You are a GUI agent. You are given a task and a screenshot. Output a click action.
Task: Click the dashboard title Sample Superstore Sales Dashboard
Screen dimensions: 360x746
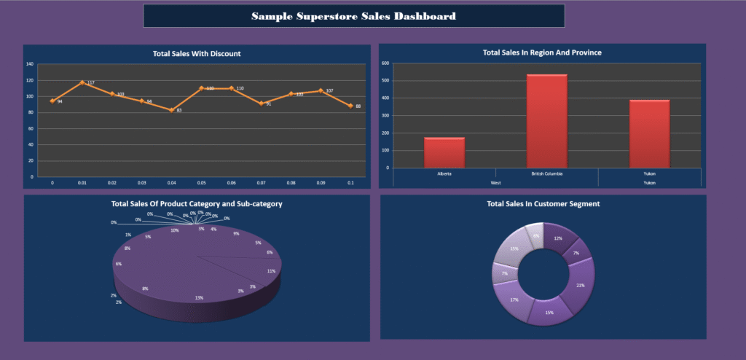[x=353, y=16]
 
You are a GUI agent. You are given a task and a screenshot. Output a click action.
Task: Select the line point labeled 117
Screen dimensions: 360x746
[x=82, y=82]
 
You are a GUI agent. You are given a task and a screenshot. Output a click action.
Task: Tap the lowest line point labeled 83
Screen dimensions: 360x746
[x=171, y=110]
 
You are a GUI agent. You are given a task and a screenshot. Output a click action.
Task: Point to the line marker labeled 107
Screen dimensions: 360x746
[x=320, y=91]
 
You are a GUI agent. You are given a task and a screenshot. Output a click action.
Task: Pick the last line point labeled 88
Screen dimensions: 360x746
[x=350, y=106]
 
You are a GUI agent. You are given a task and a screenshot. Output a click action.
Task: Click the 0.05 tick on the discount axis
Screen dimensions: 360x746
[x=201, y=182]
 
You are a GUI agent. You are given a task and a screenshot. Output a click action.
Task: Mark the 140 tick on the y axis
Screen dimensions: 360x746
[x=30, y=64]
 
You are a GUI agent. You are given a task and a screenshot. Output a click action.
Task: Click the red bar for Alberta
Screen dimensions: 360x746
[x=444, y=152]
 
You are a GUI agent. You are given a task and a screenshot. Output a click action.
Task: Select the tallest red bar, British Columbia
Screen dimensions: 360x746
[x=546, y=121]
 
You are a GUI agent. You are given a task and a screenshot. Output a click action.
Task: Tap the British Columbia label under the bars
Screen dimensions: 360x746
[x=546, y=173]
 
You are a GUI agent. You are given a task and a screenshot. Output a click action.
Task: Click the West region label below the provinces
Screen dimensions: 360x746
[x=495, y=182]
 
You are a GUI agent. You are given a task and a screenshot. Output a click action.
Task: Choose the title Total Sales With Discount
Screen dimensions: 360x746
[x=197, y=53]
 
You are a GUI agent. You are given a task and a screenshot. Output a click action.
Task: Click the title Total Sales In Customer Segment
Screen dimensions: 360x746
[x=543, y=204]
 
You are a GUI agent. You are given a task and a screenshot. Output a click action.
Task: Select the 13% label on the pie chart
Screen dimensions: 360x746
[x=199, y=297]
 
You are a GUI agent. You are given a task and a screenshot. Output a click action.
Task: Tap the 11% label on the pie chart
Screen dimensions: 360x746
[x=271, y=271]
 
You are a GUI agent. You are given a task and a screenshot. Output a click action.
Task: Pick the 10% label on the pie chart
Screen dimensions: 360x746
[x=175, y=230]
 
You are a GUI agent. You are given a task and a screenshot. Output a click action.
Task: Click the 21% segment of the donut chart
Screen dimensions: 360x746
[x=581, y=284]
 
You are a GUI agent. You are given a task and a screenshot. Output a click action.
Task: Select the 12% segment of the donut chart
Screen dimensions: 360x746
[x=557, y=238]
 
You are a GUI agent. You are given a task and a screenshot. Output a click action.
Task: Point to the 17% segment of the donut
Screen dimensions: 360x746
[x=514, y=299]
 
